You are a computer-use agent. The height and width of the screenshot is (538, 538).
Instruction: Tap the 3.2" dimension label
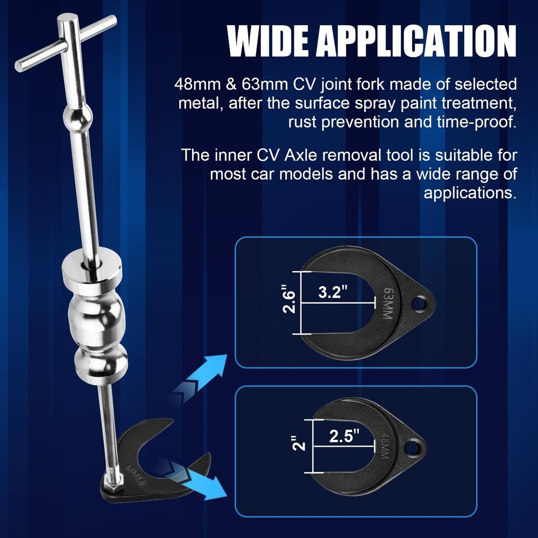pyautogui.click(x=333, y=293)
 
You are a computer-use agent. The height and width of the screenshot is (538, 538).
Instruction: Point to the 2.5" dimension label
pyautogui.click(x=344, y=436)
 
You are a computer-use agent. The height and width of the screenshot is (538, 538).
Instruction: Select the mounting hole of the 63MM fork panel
pyautogui.click(x=418, y=305)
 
